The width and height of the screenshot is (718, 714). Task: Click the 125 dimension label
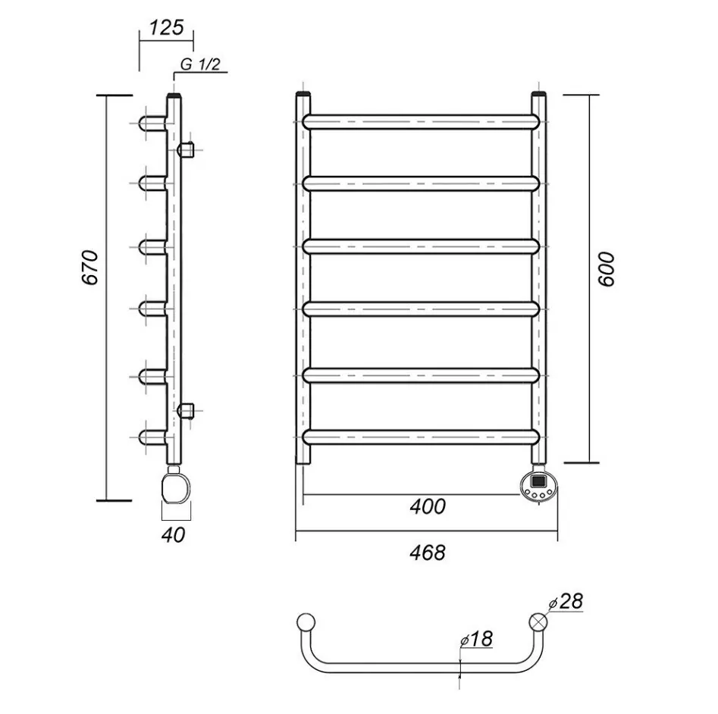point(166,28)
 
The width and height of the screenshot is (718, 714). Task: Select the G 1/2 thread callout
point(200,64)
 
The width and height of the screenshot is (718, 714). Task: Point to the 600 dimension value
point(607,269)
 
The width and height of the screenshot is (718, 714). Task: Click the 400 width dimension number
point(427,506)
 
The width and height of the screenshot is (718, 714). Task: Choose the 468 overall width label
point(427,553)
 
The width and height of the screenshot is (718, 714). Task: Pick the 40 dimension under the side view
point(173,534)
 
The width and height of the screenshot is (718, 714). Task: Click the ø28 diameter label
point(566,601)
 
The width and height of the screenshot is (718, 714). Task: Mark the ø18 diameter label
point(476,639)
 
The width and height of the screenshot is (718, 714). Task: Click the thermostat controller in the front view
point(539,486)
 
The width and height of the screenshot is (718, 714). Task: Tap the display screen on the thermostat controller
point(538,481)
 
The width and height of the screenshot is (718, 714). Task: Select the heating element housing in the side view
point(176,488)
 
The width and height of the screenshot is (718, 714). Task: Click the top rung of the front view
point(421,122)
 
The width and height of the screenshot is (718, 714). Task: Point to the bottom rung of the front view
point(421,437)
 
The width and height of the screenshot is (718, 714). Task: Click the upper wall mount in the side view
point(186,149)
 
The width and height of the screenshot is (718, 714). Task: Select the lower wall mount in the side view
point(186,411)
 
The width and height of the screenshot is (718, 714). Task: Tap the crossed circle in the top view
point(538,622)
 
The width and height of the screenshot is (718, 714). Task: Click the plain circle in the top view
point(306,622)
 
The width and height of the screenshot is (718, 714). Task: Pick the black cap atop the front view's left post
point(303,94)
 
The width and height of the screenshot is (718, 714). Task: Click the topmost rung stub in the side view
point(152,123)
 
